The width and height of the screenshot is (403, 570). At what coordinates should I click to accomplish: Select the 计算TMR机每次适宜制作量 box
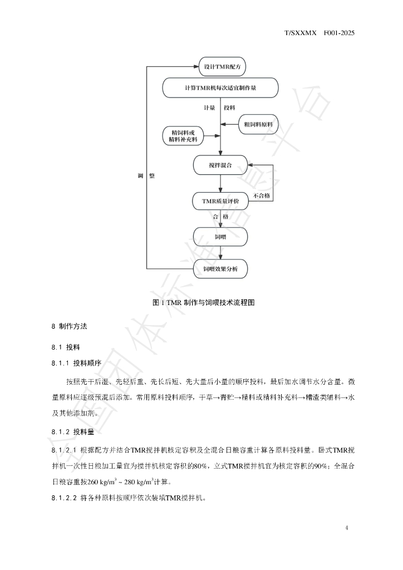220,87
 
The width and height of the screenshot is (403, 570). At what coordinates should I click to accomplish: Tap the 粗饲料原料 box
258,124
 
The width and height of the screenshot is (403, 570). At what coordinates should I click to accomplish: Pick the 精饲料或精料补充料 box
183,136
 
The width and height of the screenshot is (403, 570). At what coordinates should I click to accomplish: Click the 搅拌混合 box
220,165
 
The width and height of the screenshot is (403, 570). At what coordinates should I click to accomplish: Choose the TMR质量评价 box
220,201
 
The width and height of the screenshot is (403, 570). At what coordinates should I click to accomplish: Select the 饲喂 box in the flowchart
220,237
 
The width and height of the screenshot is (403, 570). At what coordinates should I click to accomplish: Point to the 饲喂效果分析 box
220,269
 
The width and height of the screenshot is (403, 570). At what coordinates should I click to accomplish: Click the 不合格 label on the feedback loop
261,195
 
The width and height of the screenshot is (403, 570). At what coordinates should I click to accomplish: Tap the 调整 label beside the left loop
146,176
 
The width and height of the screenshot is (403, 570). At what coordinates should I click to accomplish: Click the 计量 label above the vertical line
209,107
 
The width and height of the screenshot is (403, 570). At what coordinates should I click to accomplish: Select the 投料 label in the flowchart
229,107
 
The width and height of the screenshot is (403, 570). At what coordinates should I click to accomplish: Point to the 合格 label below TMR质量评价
220,217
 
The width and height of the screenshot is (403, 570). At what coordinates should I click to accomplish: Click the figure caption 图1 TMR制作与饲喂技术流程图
204,302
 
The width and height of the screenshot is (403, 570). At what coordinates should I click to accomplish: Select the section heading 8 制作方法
70,326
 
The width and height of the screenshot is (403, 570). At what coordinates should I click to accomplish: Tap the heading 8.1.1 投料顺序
76,363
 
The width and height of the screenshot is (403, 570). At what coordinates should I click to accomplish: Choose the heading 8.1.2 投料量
73,432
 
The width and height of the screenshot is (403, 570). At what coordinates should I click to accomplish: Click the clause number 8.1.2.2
64,498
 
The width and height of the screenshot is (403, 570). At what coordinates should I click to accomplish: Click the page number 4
347,528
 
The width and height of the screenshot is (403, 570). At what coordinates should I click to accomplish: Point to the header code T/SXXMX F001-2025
320,33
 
